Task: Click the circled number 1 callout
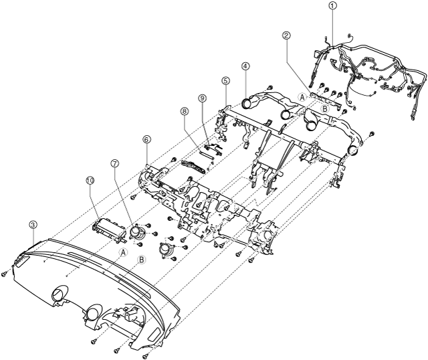332,5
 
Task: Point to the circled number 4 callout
246,66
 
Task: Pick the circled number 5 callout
225,80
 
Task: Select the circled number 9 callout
201,98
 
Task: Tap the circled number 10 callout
90,180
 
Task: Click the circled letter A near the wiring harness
302,97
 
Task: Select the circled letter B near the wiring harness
324,107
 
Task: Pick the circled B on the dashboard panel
142,260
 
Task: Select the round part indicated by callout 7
139,232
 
